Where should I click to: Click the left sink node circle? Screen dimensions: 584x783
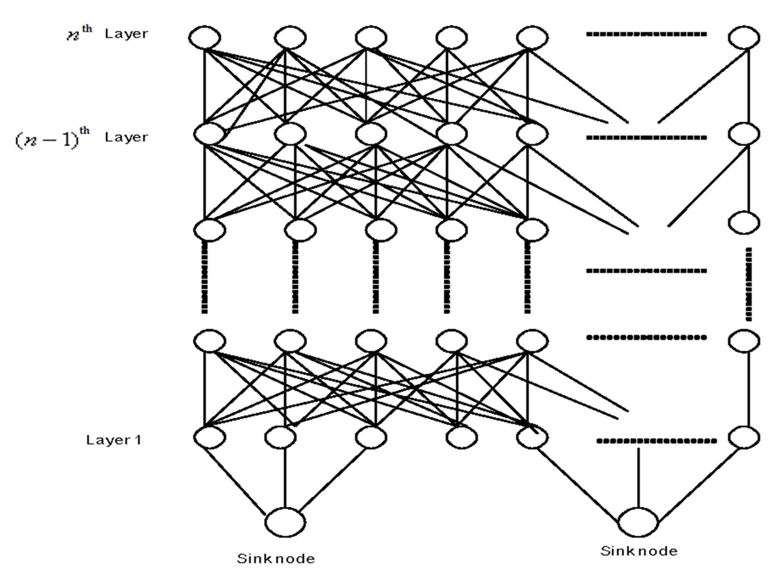click(285, 522)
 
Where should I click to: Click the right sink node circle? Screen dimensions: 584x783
click(638, 522)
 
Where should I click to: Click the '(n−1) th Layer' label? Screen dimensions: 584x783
click(81, 137)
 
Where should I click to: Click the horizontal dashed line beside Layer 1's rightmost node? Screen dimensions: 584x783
click(656, 441)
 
